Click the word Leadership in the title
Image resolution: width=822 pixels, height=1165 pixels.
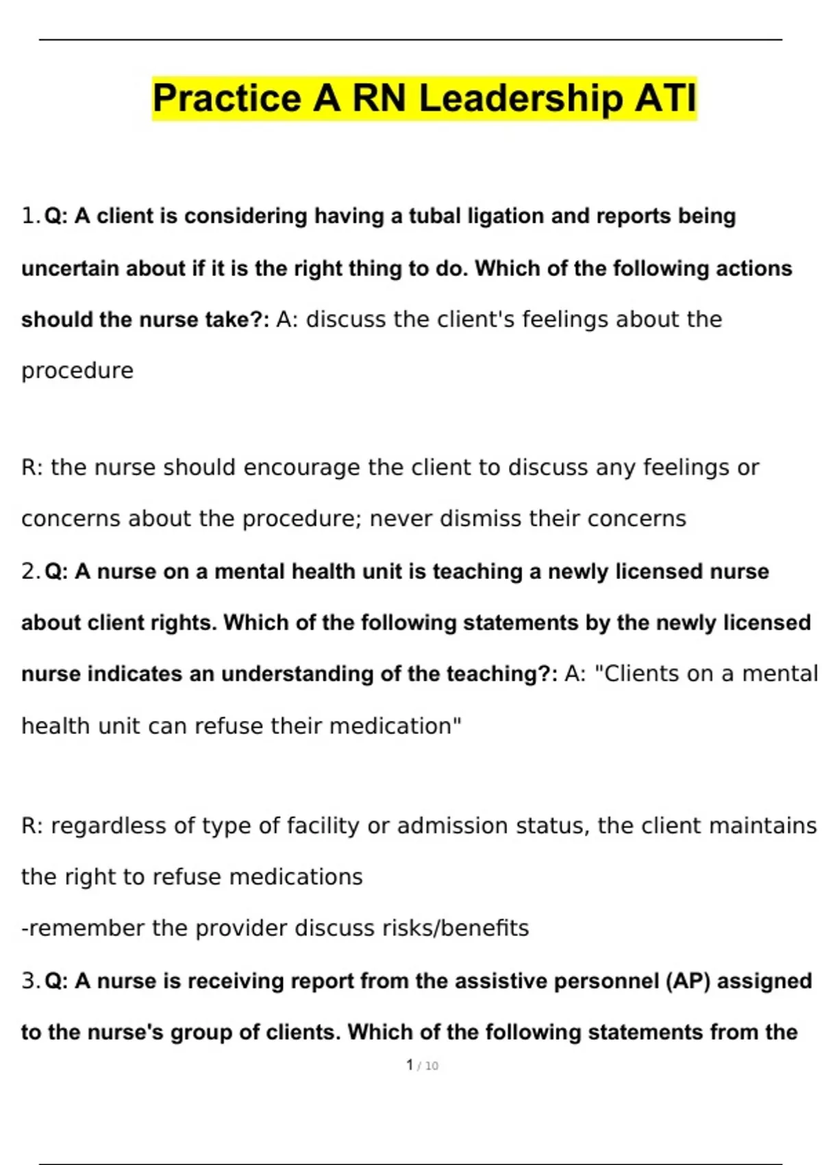(x=521, y=98)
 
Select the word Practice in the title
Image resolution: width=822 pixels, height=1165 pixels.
(x=227, y=98)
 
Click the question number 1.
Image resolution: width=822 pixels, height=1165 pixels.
(x=29, y=217)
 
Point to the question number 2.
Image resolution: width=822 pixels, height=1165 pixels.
(x=29, y=572)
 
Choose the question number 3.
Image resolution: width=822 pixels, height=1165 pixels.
(x=29, y=981)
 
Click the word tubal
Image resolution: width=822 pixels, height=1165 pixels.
(x=435, y=217)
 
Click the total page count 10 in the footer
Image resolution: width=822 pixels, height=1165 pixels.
(x=432, y=1066)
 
